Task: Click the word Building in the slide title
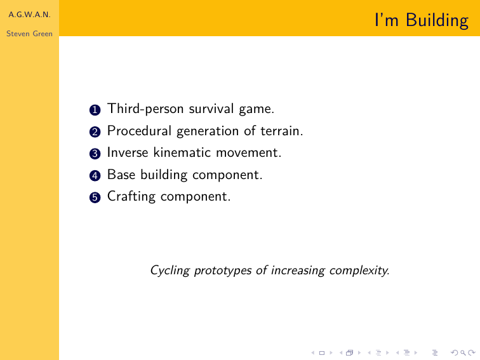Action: [x=437, y=21]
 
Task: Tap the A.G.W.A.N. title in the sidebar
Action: [x=29, y=15]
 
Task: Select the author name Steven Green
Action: [x=29, y=34]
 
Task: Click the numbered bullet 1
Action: [x=95, y=110]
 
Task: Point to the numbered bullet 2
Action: [x=95, y=132]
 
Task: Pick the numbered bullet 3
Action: [x=95, y=154]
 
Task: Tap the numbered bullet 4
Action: [x=95, y=176]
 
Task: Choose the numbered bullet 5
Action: [x=95, y=197]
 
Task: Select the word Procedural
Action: [x=139, y=131]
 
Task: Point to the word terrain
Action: [x=282, y=131]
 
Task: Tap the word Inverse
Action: [x=128, y=152]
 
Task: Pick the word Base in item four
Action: [x=121, y=175]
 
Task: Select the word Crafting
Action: [x=131, y=197]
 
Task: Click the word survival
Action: [x=211, y=109]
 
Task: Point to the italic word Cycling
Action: [x=170, y=270]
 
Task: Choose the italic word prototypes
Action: [x=223, y=271]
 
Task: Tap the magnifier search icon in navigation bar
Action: [x=463, y=353]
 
